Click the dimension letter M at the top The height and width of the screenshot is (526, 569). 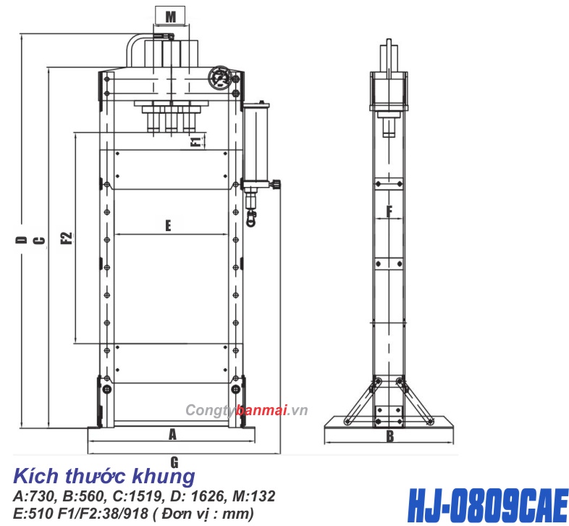(170, 15)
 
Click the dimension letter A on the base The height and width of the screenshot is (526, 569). (172, 434)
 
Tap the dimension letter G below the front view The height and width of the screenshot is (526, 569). (174, 462)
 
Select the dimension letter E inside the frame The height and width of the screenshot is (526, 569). (167, 225)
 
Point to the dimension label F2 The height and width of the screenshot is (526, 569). (66, 238)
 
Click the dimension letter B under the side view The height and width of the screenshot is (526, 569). (389, 436)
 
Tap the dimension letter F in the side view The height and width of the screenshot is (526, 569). (389, 212)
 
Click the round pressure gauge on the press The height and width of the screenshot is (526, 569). (220, 78)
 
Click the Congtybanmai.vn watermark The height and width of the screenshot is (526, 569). (247, 411)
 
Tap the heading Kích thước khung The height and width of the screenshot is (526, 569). (104, 477)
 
